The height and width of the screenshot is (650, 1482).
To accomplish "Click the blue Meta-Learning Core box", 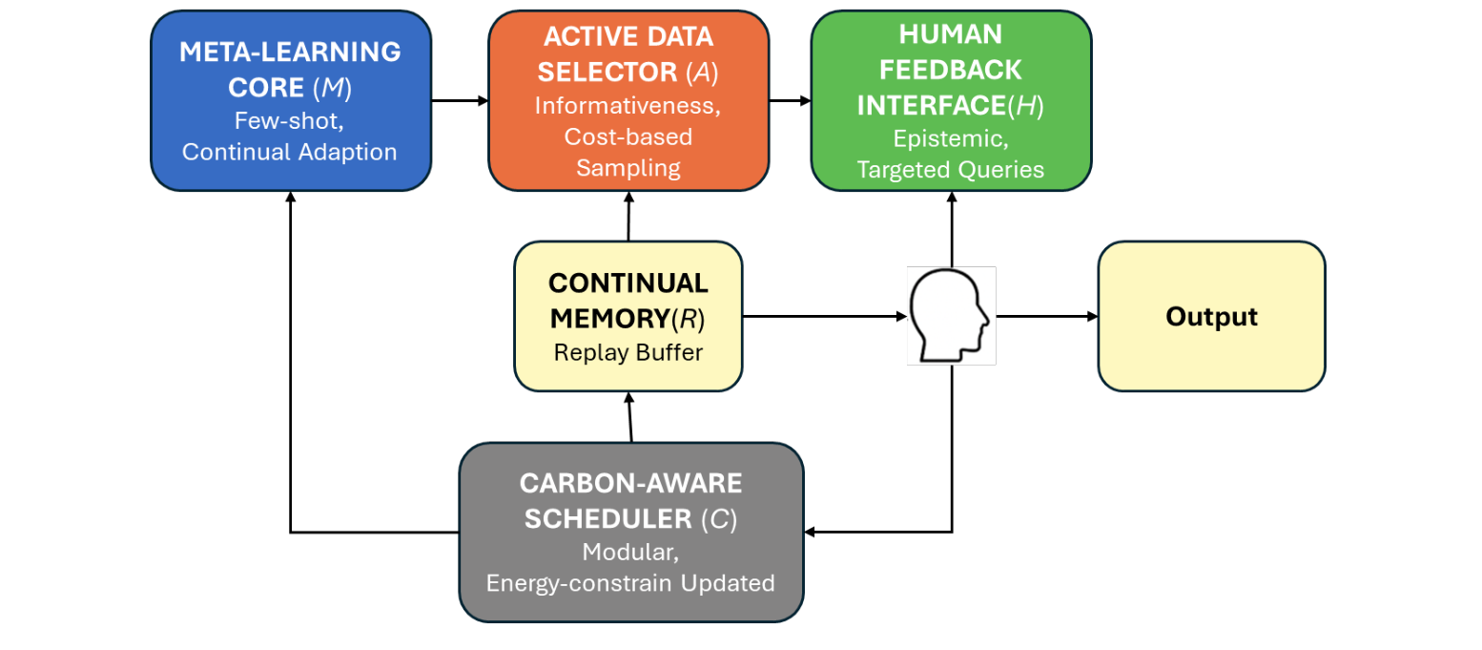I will (x=291, y=100).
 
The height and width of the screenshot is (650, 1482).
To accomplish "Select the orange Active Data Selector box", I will (x=628, y=100).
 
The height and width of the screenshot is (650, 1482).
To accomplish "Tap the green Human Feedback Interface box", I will (x=951, y=100).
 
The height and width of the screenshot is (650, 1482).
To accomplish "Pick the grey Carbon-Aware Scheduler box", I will (x=630, y=532).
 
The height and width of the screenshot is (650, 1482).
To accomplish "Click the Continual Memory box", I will (x=628, y=317).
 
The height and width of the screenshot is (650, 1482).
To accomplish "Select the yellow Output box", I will (x=1211, y=317).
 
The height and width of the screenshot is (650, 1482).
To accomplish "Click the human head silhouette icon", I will (x=951, y=316).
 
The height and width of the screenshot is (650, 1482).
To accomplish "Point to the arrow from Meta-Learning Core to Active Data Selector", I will (x=460, y=100).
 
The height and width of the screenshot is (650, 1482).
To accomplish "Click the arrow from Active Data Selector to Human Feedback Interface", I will (x=790, y=100).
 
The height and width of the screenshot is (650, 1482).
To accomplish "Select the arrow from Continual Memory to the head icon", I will (x=823, y=317).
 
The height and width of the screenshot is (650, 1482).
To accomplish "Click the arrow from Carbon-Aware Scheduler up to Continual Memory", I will (x=629, y=417).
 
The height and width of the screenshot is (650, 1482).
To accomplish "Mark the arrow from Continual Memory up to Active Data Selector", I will (x=629, y=216).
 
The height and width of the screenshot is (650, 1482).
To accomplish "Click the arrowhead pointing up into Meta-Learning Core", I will (x=291, y=197).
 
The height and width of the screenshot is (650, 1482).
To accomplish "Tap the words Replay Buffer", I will (x=628, y=352).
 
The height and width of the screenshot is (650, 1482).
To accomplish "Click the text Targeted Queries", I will (x=950, y=169).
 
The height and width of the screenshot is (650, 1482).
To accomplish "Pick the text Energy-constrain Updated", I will (x=630, y=582).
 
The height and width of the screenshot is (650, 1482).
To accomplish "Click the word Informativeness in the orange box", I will (x=628, y=107).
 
